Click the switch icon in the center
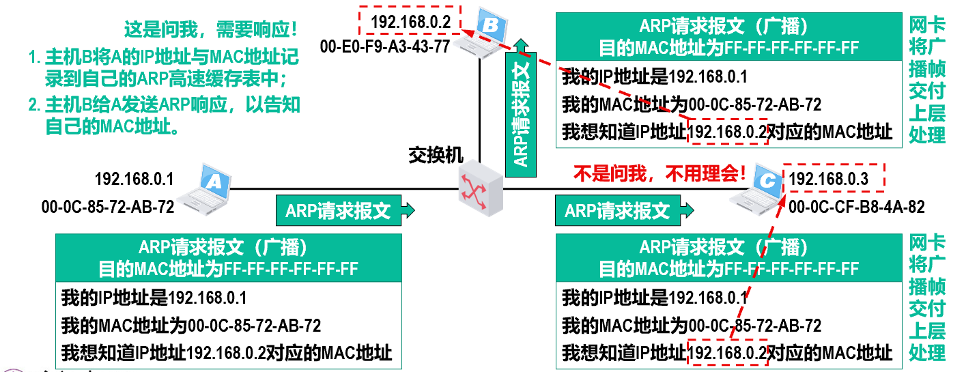pos(480,185)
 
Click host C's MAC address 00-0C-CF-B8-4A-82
pos(856,206)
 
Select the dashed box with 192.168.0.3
pos(834,179)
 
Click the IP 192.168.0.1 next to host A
pos(134,180)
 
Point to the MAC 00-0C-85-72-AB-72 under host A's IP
pos(107,205)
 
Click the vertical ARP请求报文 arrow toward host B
pos(522,109)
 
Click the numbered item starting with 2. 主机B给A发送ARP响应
pos(164,116)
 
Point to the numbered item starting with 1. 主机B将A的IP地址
pos(164,67)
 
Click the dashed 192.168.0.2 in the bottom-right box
pos(727,352)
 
